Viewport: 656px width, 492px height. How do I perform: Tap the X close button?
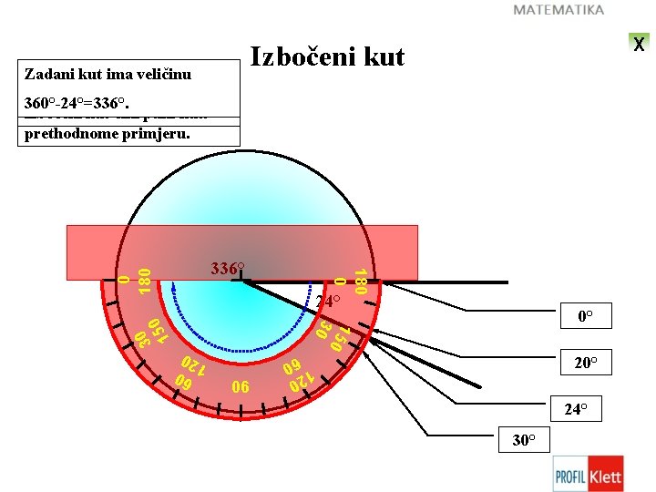(639, 43)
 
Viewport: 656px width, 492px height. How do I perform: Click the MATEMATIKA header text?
(559, 10)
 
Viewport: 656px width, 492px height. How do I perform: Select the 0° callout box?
(585, 318)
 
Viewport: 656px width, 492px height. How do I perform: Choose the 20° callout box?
(585, 364)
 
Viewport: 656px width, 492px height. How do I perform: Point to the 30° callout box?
(523, 440)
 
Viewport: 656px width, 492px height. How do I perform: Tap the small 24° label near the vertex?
(328, 301)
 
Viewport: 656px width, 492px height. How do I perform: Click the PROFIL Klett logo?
(588, 474)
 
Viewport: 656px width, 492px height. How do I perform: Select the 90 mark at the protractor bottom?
(241, 386)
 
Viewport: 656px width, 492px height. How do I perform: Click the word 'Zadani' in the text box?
(46, 73)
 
